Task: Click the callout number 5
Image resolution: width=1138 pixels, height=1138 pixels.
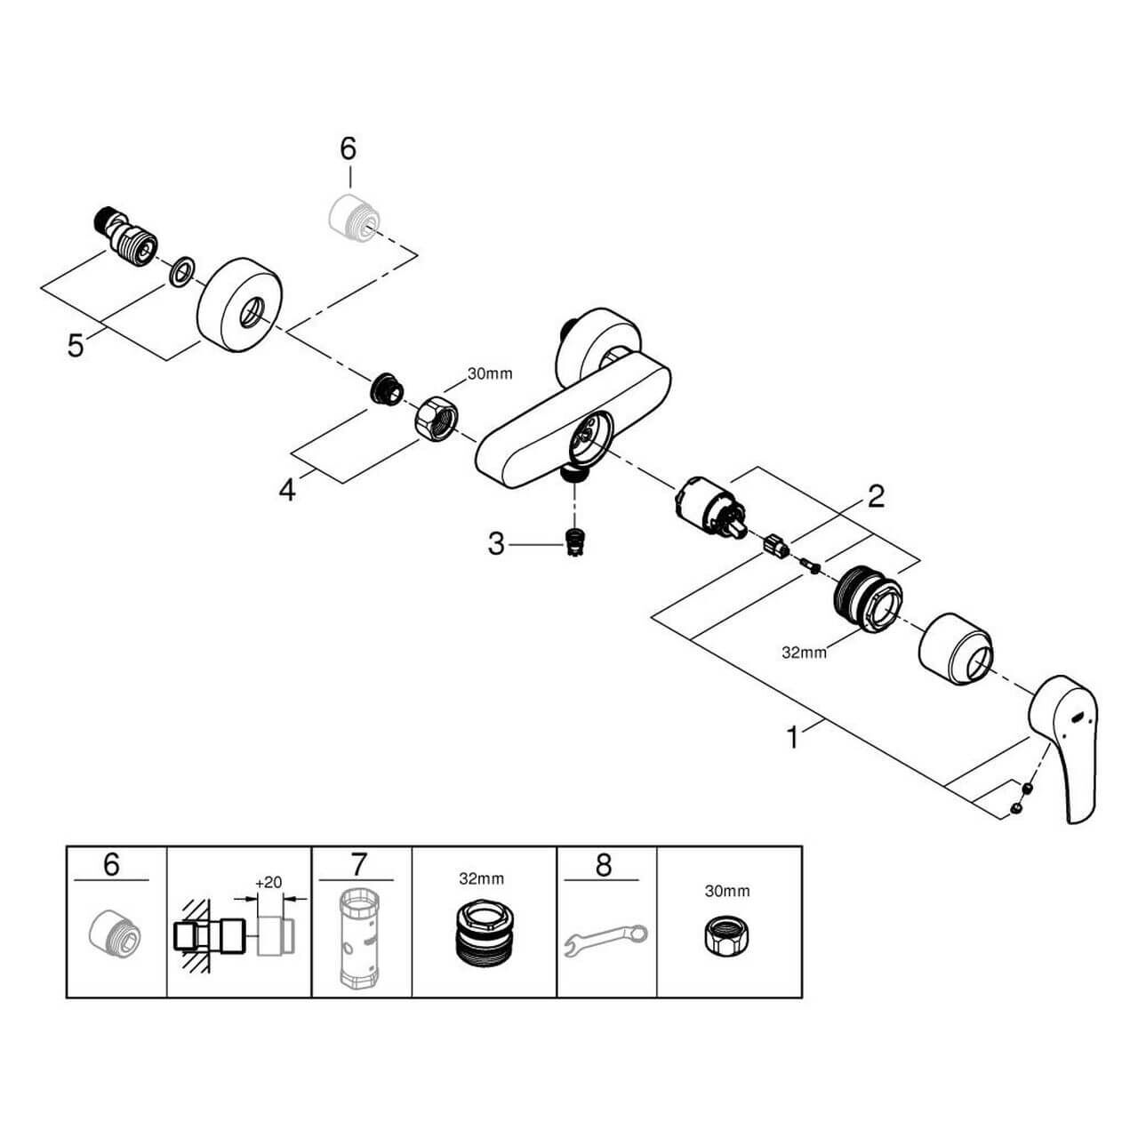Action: point(76,344)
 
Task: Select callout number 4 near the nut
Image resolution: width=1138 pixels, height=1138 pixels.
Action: point(286,488)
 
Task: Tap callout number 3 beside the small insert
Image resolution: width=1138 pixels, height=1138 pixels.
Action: point(496,543)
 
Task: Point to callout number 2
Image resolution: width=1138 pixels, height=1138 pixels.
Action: point(876,496)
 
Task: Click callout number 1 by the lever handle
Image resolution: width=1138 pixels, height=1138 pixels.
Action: point(791,737)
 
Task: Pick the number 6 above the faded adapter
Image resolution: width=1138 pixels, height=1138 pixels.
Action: point(348,149)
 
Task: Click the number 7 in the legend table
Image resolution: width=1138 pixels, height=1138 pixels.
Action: point(359,864)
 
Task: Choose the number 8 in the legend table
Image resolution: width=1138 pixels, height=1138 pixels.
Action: point(604,864)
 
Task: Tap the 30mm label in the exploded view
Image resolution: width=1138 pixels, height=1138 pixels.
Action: point(490,374)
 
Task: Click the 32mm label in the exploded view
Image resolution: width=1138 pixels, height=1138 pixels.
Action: point(804,653)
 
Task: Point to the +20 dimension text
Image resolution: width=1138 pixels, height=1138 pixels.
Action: point(268,883)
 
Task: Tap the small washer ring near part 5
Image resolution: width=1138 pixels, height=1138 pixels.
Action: point(183,272)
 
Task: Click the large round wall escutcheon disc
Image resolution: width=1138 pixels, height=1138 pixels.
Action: point(239,302)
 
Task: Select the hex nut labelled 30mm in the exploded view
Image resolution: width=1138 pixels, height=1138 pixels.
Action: point(436,415)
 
